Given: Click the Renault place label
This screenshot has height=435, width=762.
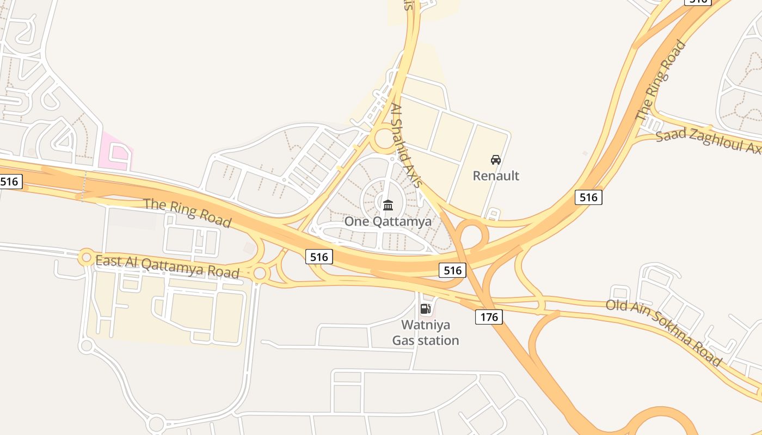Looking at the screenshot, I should pyautogui.click(x=496, y=176).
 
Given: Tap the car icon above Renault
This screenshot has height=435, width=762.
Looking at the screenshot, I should pyautogui.click(x=496, y=160).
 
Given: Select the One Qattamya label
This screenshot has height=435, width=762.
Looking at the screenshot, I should pyautogui.click(x=388, y=221).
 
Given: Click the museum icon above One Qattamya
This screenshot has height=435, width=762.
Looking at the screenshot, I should pyautogui.click(x=388, y=205).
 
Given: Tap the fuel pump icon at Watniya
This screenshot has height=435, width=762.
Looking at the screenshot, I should pyautogui.click(x=426, y=309).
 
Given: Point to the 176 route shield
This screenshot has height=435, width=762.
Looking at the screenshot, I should pyautogui.click(x=489, y=316).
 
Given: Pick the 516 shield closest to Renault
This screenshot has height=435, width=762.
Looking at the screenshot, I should pyautogui.click(x=588, y=197).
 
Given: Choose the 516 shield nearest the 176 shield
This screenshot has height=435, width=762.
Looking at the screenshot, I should pyautogui.click(x=452, y=270).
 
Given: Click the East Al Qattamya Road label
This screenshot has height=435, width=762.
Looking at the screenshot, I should pyautogui.click(x=167, y=266).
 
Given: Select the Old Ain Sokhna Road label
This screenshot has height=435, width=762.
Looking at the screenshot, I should pyautogui.click(x=663, y=333).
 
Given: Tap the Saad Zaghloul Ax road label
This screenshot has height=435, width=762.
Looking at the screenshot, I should pyautogui.click(x=708, y=141).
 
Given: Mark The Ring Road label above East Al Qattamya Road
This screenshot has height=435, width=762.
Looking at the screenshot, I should pyautogui.click(x=187, y=213).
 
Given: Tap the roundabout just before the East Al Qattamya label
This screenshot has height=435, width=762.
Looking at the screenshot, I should pyautogui.click(x=86, y=257).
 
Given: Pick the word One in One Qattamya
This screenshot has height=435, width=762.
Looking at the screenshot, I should pyautogui.click(x=357, y=221).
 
